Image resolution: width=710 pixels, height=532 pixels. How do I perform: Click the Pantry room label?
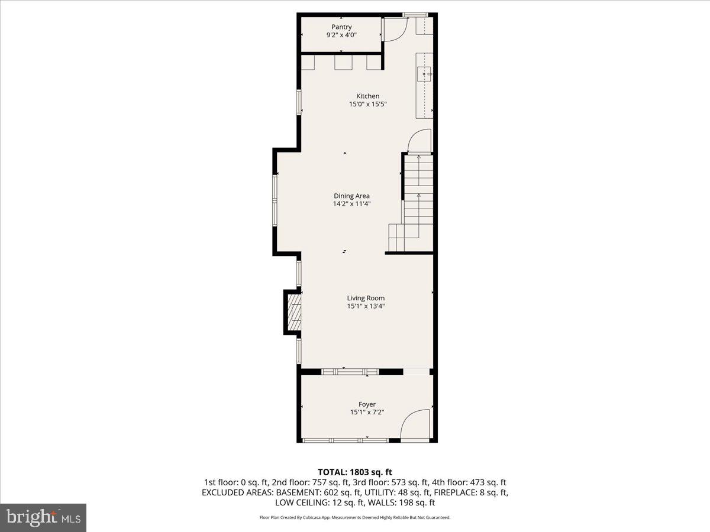[341, 27]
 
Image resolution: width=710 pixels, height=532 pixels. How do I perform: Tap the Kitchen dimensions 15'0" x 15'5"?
[367, 105]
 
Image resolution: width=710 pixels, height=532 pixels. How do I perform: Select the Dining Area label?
[351, 196]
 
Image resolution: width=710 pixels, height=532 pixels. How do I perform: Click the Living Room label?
[366, 298]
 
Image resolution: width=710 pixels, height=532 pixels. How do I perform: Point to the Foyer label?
[367, 404]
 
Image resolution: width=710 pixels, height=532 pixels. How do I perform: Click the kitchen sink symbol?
[425, 74]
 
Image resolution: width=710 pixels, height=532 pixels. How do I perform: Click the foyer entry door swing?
[415, 426]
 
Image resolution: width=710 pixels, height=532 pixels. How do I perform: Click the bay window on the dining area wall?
[275, 199]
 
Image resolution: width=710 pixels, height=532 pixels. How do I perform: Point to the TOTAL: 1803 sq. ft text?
[355, 472]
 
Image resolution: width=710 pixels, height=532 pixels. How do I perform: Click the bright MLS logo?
[43, 517]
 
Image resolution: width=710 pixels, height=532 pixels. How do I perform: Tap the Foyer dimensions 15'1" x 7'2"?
[367, 413]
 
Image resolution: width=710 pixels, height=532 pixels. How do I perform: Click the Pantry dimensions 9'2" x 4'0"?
[341, 35]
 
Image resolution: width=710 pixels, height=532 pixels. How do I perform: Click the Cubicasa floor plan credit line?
[355, 517]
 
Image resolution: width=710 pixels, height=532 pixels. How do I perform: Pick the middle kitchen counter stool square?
[344, 62]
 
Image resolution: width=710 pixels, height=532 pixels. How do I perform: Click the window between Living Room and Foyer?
[349, 372]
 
